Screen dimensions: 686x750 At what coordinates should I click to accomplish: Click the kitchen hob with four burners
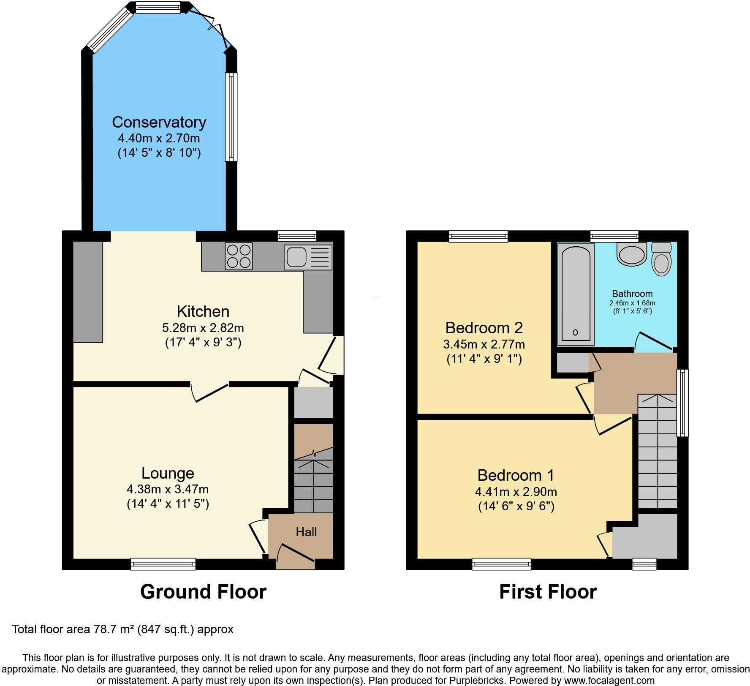tap(239, 256)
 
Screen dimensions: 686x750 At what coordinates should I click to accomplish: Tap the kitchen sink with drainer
tap(308, 257)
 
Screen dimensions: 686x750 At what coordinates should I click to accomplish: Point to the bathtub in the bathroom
tap(575, 292)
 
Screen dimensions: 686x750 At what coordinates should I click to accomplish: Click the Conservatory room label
tap(159, 122)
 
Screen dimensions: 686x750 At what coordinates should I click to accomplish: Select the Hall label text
tap(306, 532)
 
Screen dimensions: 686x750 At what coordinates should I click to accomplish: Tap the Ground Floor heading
tap(203, 592)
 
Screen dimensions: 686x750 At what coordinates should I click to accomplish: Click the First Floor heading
tap(548, 592)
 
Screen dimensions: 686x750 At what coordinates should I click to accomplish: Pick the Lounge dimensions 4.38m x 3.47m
tap(168, 489)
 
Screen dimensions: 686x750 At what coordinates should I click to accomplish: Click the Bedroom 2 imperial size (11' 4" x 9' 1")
tap(484, 359)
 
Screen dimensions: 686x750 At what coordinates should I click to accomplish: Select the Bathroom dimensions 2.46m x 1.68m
tap(632, 303)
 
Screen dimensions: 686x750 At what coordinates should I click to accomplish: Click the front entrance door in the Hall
tap(296, 555)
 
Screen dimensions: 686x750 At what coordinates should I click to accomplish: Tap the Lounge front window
tap(163, 564)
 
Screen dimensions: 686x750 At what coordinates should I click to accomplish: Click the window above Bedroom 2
tap(478, 236)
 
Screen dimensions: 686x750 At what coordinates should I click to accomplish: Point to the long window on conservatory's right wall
tap(231, 117)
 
